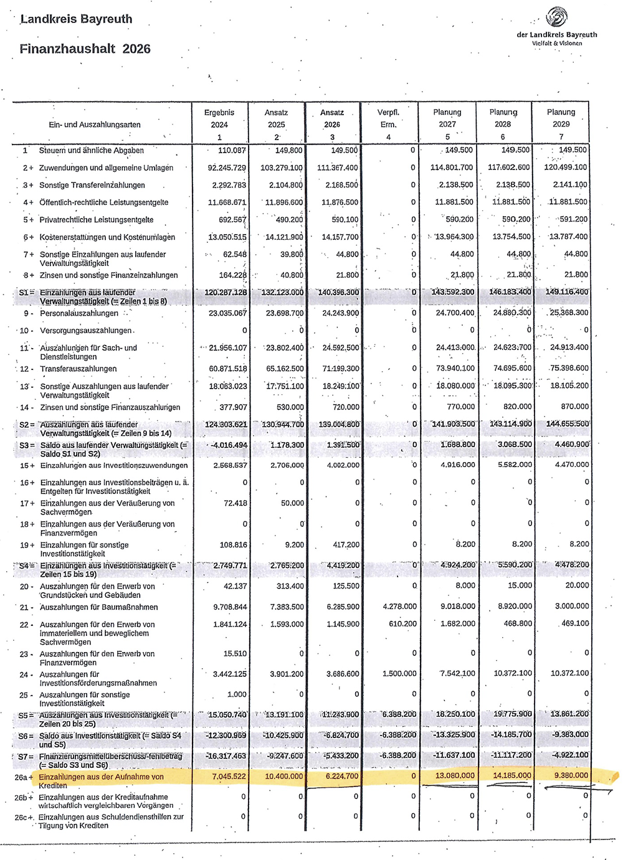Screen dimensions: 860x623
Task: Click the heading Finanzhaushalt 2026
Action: coord(85,49)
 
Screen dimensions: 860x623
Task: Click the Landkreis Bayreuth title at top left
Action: coord(76,19)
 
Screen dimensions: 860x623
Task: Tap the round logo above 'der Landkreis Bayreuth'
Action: coord(556,17)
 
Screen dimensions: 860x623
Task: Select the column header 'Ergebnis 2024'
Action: coord(219,125)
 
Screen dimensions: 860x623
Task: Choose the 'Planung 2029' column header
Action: coord(561,124)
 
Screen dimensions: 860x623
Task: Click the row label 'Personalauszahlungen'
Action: coord(79,313)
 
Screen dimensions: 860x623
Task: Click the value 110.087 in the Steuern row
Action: coord(232,151)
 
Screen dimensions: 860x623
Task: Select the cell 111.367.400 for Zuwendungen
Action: coord(339,168)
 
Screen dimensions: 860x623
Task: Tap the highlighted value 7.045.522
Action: coord(229,776)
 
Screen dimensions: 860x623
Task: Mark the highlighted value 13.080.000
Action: coord(455,775)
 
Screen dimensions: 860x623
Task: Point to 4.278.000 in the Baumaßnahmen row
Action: coord(399,606)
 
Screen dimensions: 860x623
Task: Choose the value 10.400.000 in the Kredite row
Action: coord(284,776)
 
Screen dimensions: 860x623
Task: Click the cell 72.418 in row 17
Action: coord(235,503)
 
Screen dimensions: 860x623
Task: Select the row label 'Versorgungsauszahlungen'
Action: coord(86,331)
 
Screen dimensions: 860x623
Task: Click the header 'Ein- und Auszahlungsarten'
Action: coord(95,125)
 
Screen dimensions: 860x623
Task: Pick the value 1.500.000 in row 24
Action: coord(399,673)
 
